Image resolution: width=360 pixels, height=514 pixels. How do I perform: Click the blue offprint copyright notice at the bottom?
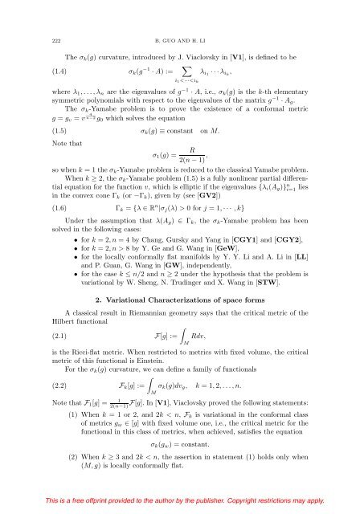180,500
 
